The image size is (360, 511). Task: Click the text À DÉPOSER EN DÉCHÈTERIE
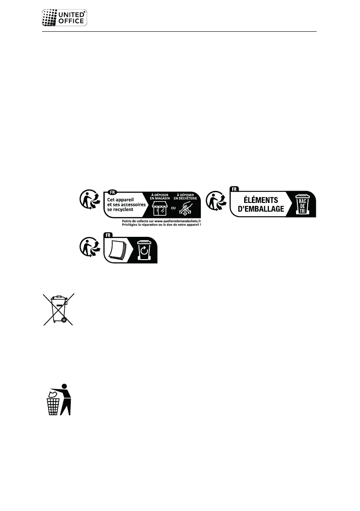(185, 197)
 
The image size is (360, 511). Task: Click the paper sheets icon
(118, 251)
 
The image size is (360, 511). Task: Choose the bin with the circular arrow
(144, 250)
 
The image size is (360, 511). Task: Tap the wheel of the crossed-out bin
(64, 319)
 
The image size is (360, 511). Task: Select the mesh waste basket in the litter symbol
(53, 406)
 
